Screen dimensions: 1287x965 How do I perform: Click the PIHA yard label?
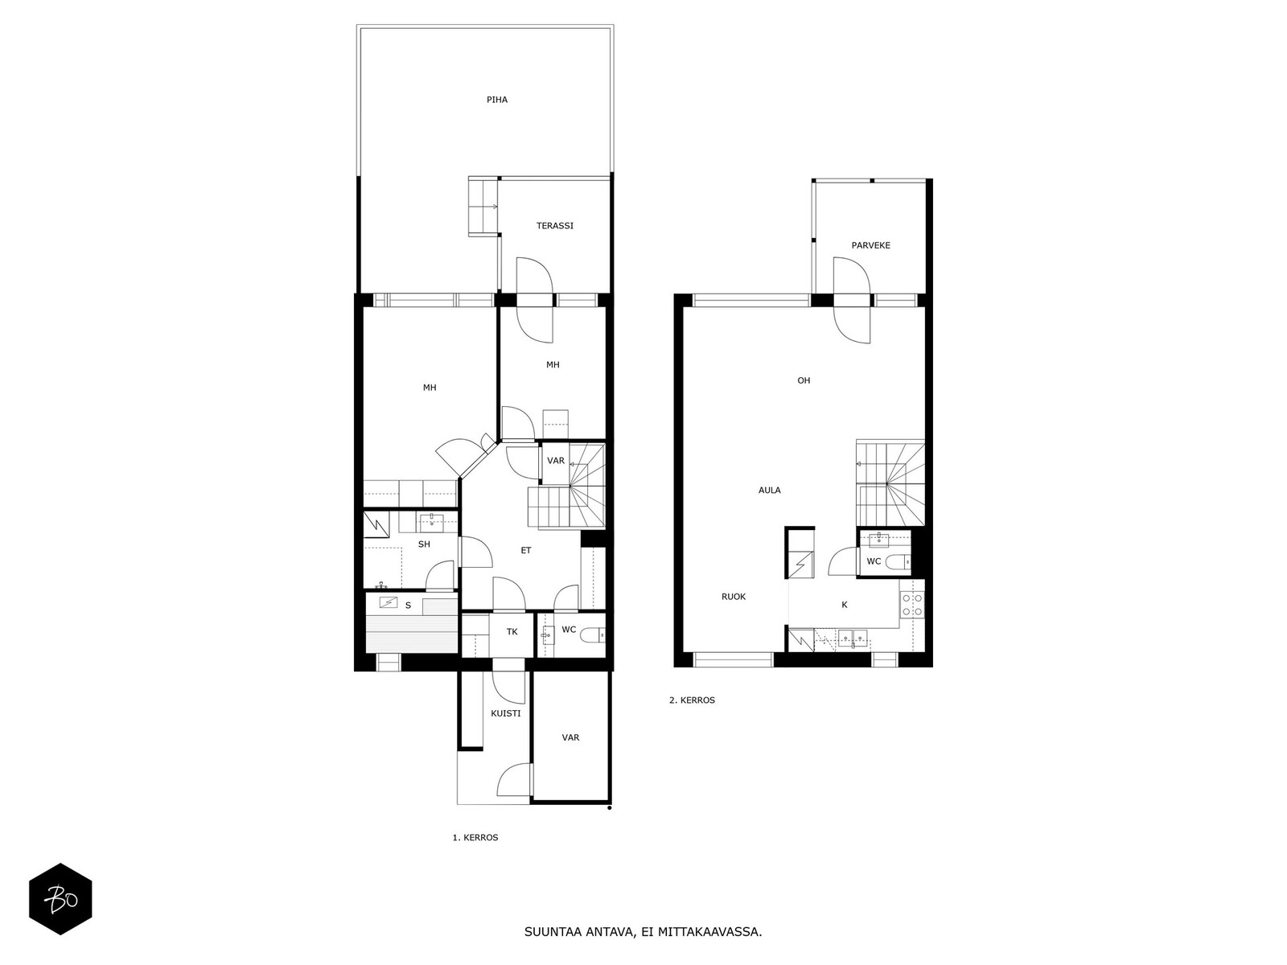[x=496, y=100]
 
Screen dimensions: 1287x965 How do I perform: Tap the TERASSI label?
[x=555, y=226]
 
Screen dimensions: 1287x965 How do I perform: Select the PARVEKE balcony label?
[x=870, y=245]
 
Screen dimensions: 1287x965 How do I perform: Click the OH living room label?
[x=804, y=380]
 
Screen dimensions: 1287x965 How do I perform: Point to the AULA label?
[x=769, y=491]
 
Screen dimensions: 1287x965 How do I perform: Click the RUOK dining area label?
[x=734, y=597]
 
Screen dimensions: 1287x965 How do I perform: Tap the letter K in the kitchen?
[x=845, y=605]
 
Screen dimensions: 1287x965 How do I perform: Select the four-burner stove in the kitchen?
[x=912, y=605]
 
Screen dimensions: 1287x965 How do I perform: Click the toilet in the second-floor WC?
[x=897, y=562]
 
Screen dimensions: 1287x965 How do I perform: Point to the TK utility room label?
[x=512, y=631]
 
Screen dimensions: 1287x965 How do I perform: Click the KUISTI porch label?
[x=505, y=713]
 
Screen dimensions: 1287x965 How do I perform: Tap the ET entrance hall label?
[x=526, y=550]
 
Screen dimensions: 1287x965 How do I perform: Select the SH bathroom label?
[x=424, y=544]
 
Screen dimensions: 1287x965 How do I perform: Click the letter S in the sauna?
[x=408, y=606]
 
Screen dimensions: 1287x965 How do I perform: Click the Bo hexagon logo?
[x=60, y=899]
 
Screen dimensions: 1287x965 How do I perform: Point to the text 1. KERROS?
[x=475, y=837]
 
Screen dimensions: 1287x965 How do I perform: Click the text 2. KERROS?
[x=692, y=700]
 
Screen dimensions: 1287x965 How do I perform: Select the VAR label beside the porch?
[x=570, y=737]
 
